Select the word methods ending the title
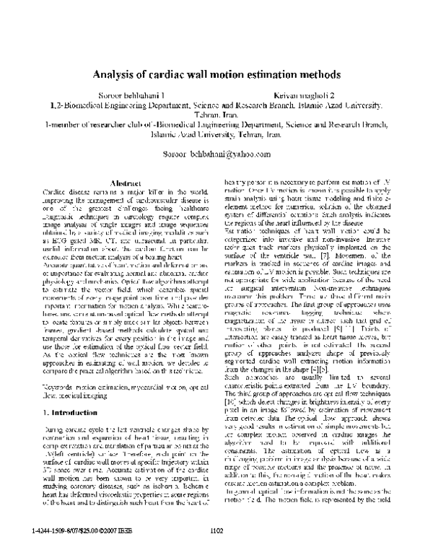pyautogui.click(x=322, y=74)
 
